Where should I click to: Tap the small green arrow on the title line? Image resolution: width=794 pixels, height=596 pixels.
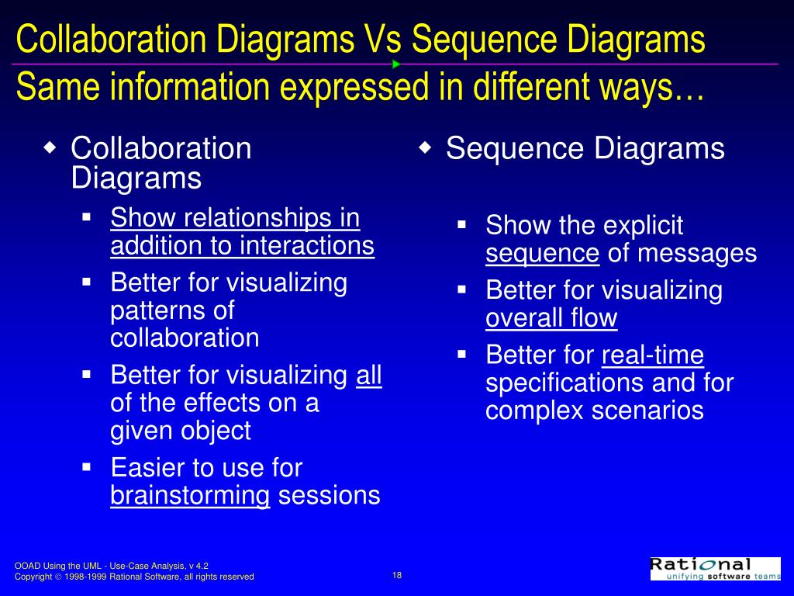(x=395, y=64)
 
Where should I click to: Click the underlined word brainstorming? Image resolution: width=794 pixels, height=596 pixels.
(x=190, y=495)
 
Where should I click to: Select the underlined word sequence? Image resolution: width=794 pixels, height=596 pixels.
(x=542, y=254)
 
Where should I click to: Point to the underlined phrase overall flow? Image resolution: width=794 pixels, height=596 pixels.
(x=551, y=318)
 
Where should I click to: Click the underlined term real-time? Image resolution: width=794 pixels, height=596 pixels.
(x=652, y=355)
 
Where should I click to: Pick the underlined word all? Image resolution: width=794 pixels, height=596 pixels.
(x=369, y=376)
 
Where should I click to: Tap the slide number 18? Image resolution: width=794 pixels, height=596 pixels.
(x=397, y=575)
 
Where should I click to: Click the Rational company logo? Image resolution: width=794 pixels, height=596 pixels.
(x=715, y=568)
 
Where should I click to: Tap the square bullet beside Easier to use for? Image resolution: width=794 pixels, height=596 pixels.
(x=87, y=466)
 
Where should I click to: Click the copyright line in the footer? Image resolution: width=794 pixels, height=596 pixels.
(x=134, y=577)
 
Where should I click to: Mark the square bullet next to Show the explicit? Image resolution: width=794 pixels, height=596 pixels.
(x=461, y=225)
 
